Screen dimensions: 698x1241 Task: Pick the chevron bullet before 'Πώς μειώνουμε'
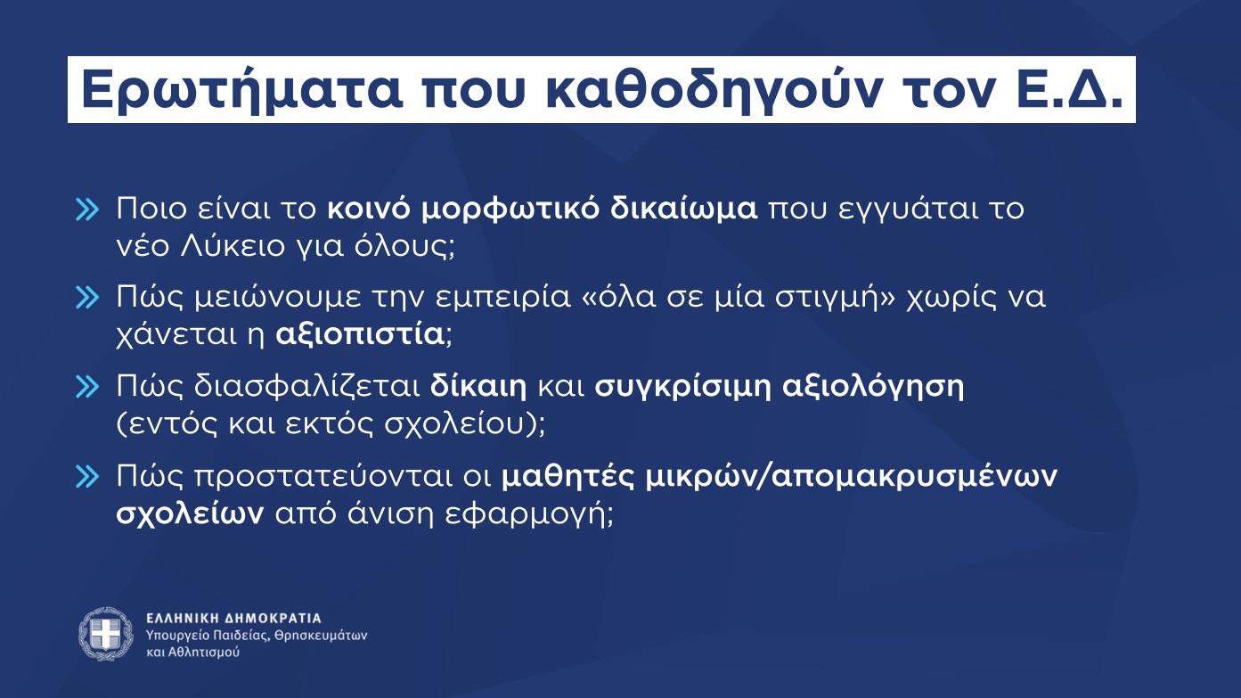point(87,299)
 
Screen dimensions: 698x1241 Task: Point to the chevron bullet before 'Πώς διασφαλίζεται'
point(87,388)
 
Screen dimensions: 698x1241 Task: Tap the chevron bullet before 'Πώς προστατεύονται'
point(87,477)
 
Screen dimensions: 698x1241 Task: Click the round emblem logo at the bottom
point(106,634)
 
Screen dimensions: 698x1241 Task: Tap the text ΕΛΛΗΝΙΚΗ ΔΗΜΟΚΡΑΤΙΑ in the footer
point(233,618)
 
